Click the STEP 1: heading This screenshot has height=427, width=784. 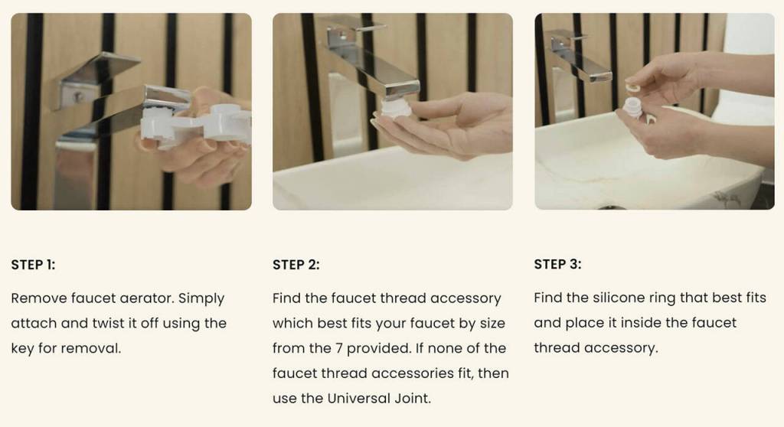tap(33, 265)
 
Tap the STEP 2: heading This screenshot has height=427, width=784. tap(296, 265)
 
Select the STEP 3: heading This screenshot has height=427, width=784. tap(557, 264)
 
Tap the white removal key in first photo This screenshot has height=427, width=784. tap(196, 125)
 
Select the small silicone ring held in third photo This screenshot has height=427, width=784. tap(633, 88)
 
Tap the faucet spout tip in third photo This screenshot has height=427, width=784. tap(600, 77)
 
